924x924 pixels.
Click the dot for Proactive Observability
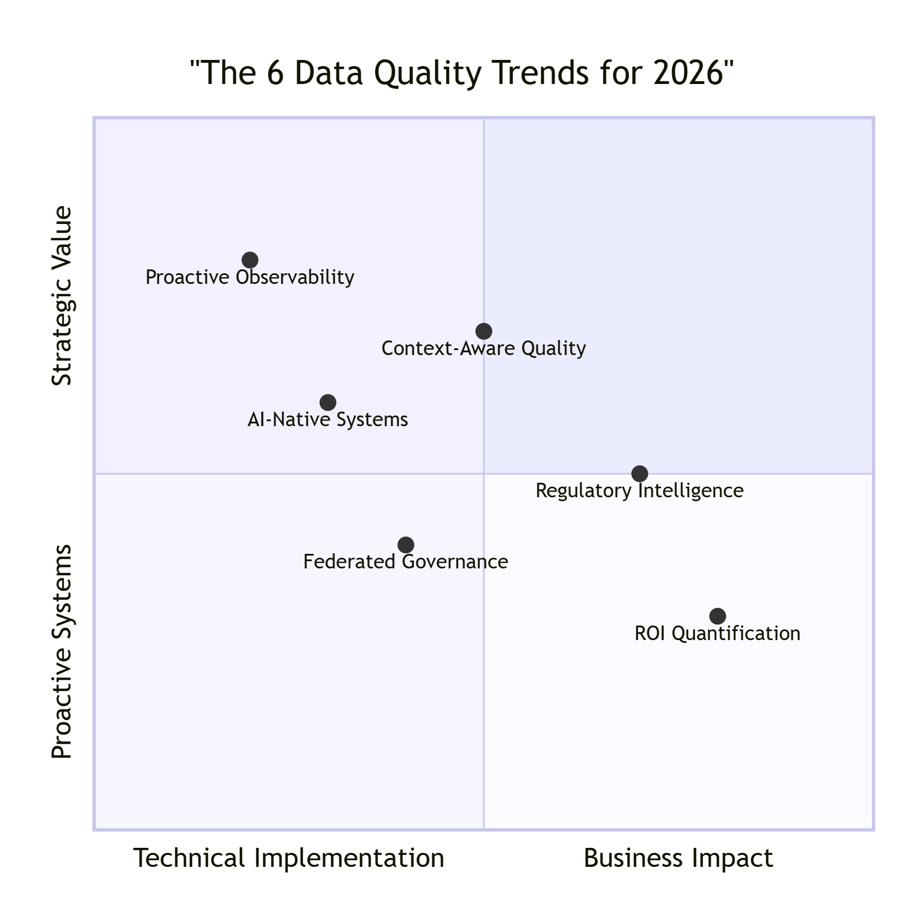pyautogui.click(x=250, y=260)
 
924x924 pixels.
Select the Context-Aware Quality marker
pyautogui.click(x=484, y=331)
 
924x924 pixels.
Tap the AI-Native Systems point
pyautogui.click(x=328, y=402)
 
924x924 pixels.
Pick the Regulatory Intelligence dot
pyautogui.click(x=640, y=473)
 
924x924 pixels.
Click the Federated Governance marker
pyautogui.click(x=405, y=544)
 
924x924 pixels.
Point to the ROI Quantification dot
pyautogui.click(x=717, y=616)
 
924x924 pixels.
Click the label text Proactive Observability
pyautogui.click(x=250, y=278)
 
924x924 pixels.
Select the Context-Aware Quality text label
pyautogui.click(x=484, y=349)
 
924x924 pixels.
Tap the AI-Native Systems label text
pyautogui.click(x=328, y=420)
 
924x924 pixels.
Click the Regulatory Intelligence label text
pyautogui.click(x=640, y=491)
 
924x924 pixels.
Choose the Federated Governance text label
pyautogui.click(x=405, y=562)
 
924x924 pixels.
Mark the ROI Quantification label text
pyautogui.click(x=717, y=634)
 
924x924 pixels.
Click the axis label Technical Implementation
pyautogui.click(x=288, y=858)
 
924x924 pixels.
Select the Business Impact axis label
pyautogui.click(x=678, y=858)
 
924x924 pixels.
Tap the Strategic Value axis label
pyautogui.click(x=62, y=296)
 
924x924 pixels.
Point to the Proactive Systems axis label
pyautogui.click(x=62, y=651)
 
